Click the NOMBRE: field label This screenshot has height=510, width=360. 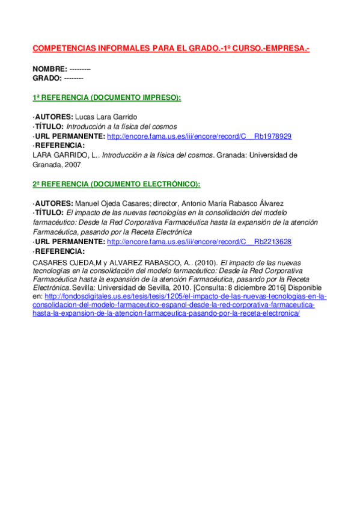50,69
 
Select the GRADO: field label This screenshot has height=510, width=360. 47,78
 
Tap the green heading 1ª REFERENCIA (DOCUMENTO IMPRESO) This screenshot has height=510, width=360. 106,97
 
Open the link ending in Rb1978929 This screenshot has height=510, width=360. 199,137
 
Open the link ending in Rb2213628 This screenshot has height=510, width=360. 199,242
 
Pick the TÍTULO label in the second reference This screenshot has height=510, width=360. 49,213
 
